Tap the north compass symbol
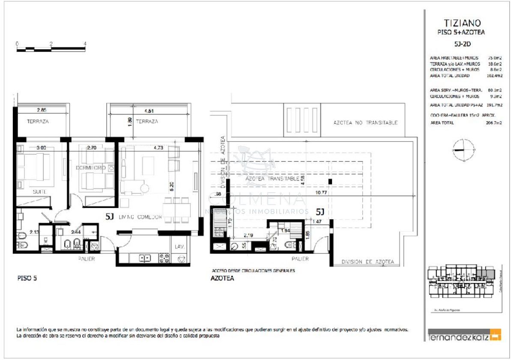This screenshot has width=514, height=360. pos(463,150)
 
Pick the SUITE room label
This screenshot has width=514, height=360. pos(39,192)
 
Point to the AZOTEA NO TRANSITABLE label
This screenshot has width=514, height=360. pos(365,122)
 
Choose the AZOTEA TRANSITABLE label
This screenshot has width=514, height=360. pos(272,179)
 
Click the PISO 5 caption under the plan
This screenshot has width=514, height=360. pos(27,278)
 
